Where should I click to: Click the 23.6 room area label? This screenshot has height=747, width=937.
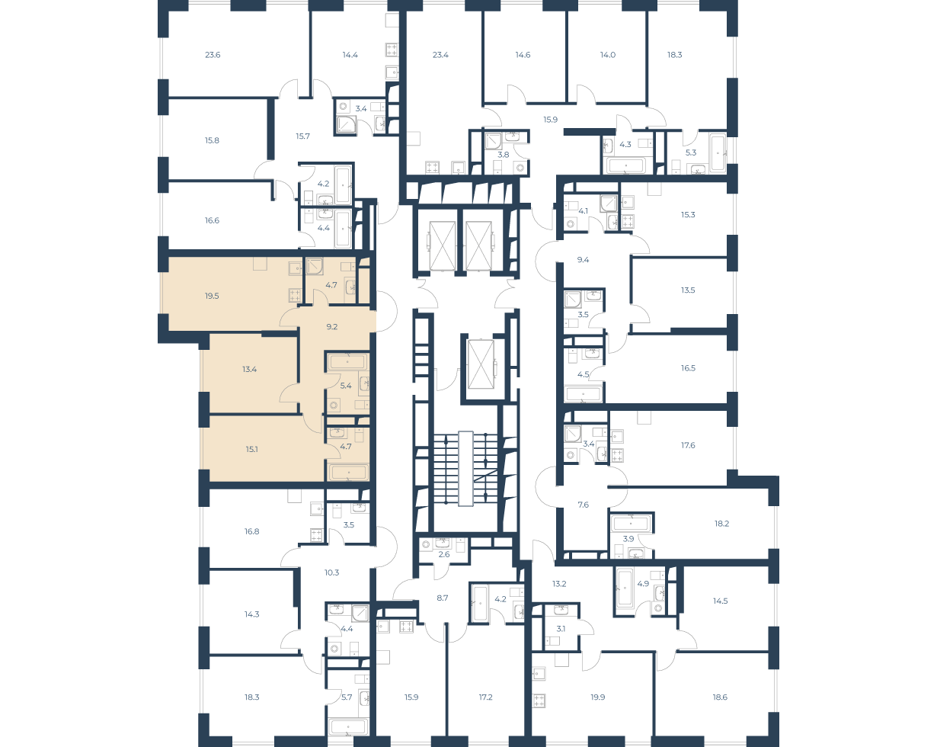click(213, 55)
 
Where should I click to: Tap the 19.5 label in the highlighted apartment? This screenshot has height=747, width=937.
click(212, 296)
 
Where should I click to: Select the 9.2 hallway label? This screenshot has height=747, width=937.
click(332, 326)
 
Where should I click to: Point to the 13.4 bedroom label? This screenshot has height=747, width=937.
click(250, 369)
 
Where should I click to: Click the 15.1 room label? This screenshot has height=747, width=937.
click(251, 449)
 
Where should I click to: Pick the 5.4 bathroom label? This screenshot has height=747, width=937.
click(346, 386)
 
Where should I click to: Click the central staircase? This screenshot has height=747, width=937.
click(465, 469)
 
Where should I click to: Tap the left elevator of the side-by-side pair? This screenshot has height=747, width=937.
click(443, 245)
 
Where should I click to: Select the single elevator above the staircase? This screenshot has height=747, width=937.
click(481, 364)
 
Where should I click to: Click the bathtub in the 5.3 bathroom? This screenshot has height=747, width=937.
click(718, 152)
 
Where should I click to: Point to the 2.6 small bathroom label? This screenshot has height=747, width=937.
click(443, 555)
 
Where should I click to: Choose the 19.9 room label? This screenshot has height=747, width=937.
click(598, 697)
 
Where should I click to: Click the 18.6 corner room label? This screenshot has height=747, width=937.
click(720, 697)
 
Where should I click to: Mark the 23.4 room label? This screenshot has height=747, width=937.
click(440, 55)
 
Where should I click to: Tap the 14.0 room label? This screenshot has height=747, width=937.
click(607, 55)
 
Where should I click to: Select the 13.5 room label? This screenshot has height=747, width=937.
click(688, 290)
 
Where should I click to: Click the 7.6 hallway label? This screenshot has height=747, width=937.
click(583, 505)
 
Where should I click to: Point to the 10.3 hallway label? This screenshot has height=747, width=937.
click(331, 572)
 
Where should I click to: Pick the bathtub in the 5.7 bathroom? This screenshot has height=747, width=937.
click(348, 726)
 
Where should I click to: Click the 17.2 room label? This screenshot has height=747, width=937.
click(485, 697)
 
